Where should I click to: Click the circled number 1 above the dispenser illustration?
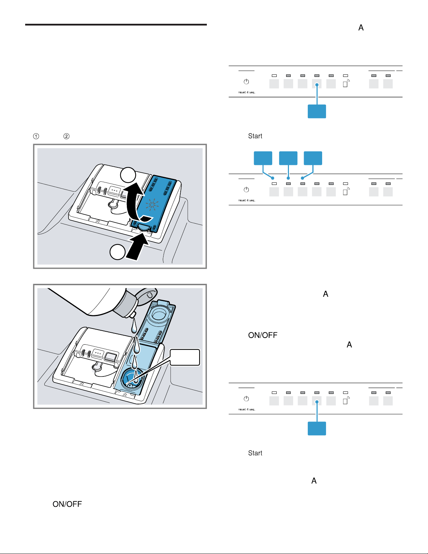click(x=36, y=136)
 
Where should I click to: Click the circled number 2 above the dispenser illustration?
click(x=66, y=136)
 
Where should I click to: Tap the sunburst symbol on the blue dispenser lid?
click(x=152, y=204)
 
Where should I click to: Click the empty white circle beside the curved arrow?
click(x=128, y=175)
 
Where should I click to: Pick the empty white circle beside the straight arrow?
click(x=117, y=252)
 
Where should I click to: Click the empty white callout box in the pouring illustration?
click(x=185, y=357)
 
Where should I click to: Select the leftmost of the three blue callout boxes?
click(x=263, y=158)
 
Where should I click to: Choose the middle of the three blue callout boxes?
click(x=288, y=158)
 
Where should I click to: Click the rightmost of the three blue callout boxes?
click(x=313, y=158)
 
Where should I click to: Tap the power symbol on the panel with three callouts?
click(x=246, y=190)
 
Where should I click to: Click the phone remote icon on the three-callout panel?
click(x=346, y=191)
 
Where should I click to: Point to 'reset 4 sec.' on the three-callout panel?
click(x=247, y=200)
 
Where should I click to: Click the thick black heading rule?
click(x=116, y=25)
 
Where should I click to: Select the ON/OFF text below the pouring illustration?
click(x=67, y=504)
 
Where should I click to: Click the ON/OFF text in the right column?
click(x=263, y=335)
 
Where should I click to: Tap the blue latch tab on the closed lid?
click(x=144, y=227)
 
